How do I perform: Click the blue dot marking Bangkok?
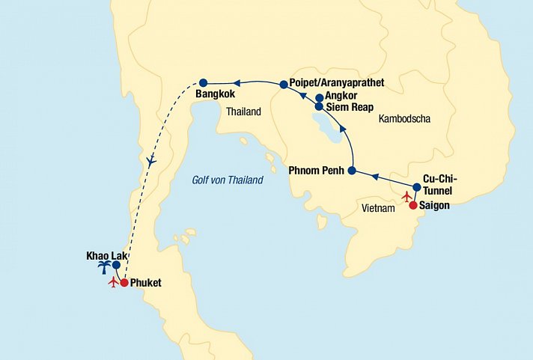[202, 82]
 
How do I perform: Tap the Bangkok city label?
[215, 95]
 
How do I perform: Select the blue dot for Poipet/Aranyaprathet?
[284, 85]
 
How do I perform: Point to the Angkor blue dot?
[319, 97]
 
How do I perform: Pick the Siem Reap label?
[352, 107]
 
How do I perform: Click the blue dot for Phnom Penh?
[351, 171]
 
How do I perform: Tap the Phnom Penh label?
[317, 171]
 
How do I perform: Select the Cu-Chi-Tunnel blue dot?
[417, 186]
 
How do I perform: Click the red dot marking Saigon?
[412, 204]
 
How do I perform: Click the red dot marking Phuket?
[124, 283]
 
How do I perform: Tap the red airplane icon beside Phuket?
[114, 282]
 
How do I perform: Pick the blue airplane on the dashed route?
[152, 160]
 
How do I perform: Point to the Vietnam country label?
[377, 208]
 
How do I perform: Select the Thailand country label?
[243, 112]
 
